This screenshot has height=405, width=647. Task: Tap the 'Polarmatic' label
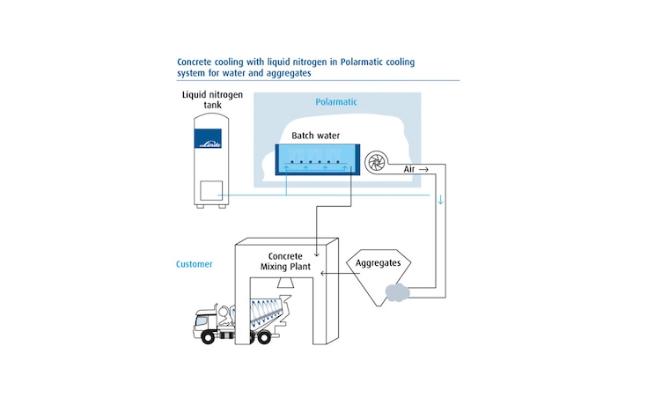[336, 102]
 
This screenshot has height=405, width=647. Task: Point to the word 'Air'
[407, 168]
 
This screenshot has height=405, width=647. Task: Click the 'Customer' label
[195, 263]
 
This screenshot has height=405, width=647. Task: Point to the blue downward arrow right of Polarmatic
[441, 199]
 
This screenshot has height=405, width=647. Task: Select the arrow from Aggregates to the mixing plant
[332, 273]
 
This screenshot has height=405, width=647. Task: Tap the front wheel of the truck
[205, 338]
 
